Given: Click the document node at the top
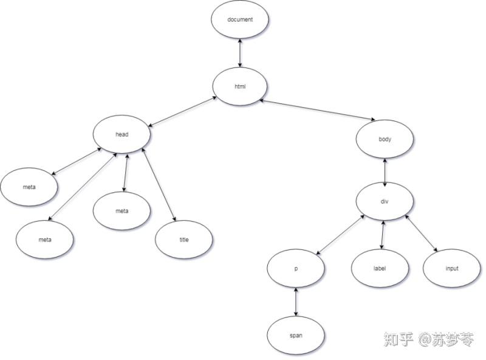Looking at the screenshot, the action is tap(240, 19).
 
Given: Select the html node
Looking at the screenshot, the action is tap(240, 86).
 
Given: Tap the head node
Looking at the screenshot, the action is tap(122, 134).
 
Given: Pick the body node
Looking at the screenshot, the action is tap(385, 139).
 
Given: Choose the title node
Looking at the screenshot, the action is tap(184, 240).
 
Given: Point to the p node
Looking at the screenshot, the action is tap(296, 268).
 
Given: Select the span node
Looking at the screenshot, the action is tap(296, 335).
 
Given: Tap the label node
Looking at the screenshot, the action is tap(380, 268).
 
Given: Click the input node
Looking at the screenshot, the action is tap(451, 268).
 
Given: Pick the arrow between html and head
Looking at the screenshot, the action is tap(181, 111).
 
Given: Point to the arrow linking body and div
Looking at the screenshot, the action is tap(385, 170).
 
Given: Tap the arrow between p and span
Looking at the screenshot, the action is tap(296, 302).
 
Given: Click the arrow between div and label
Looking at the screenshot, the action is tap(382, 234).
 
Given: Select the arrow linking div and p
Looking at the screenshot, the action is tap(340, 233).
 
